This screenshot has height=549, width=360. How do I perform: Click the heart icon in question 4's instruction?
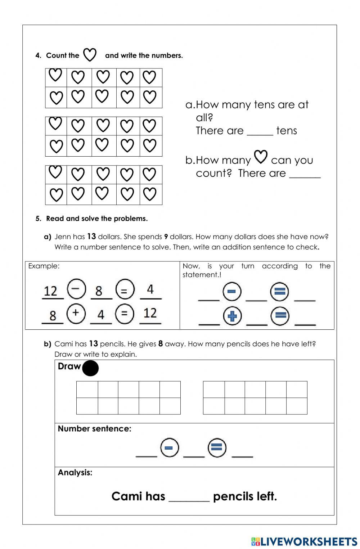pos(90,55)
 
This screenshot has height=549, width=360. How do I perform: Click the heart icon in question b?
pos(261,157)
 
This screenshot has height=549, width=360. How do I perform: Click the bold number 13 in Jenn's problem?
pos(91,237)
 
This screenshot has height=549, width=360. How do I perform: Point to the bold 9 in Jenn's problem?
pos(166,237)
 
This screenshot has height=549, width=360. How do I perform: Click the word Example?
pos(44,266)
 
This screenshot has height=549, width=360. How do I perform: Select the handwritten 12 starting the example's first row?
pos(50,291)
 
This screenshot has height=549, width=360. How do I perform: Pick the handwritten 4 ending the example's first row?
pos(150,289)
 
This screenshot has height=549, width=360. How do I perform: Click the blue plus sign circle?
pos(232,316)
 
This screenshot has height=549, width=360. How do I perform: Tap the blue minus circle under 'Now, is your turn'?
pos(232,292)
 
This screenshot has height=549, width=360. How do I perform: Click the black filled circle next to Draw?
pos(90,368)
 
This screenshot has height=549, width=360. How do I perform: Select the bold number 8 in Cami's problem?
pos(161,344)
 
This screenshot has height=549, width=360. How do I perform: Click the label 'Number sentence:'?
pos(94,428)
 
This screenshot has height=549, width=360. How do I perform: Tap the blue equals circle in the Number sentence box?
pos(217,448)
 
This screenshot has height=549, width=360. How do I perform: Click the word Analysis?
pos(75,472)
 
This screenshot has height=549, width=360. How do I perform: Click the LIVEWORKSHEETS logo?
pos(304,541)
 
